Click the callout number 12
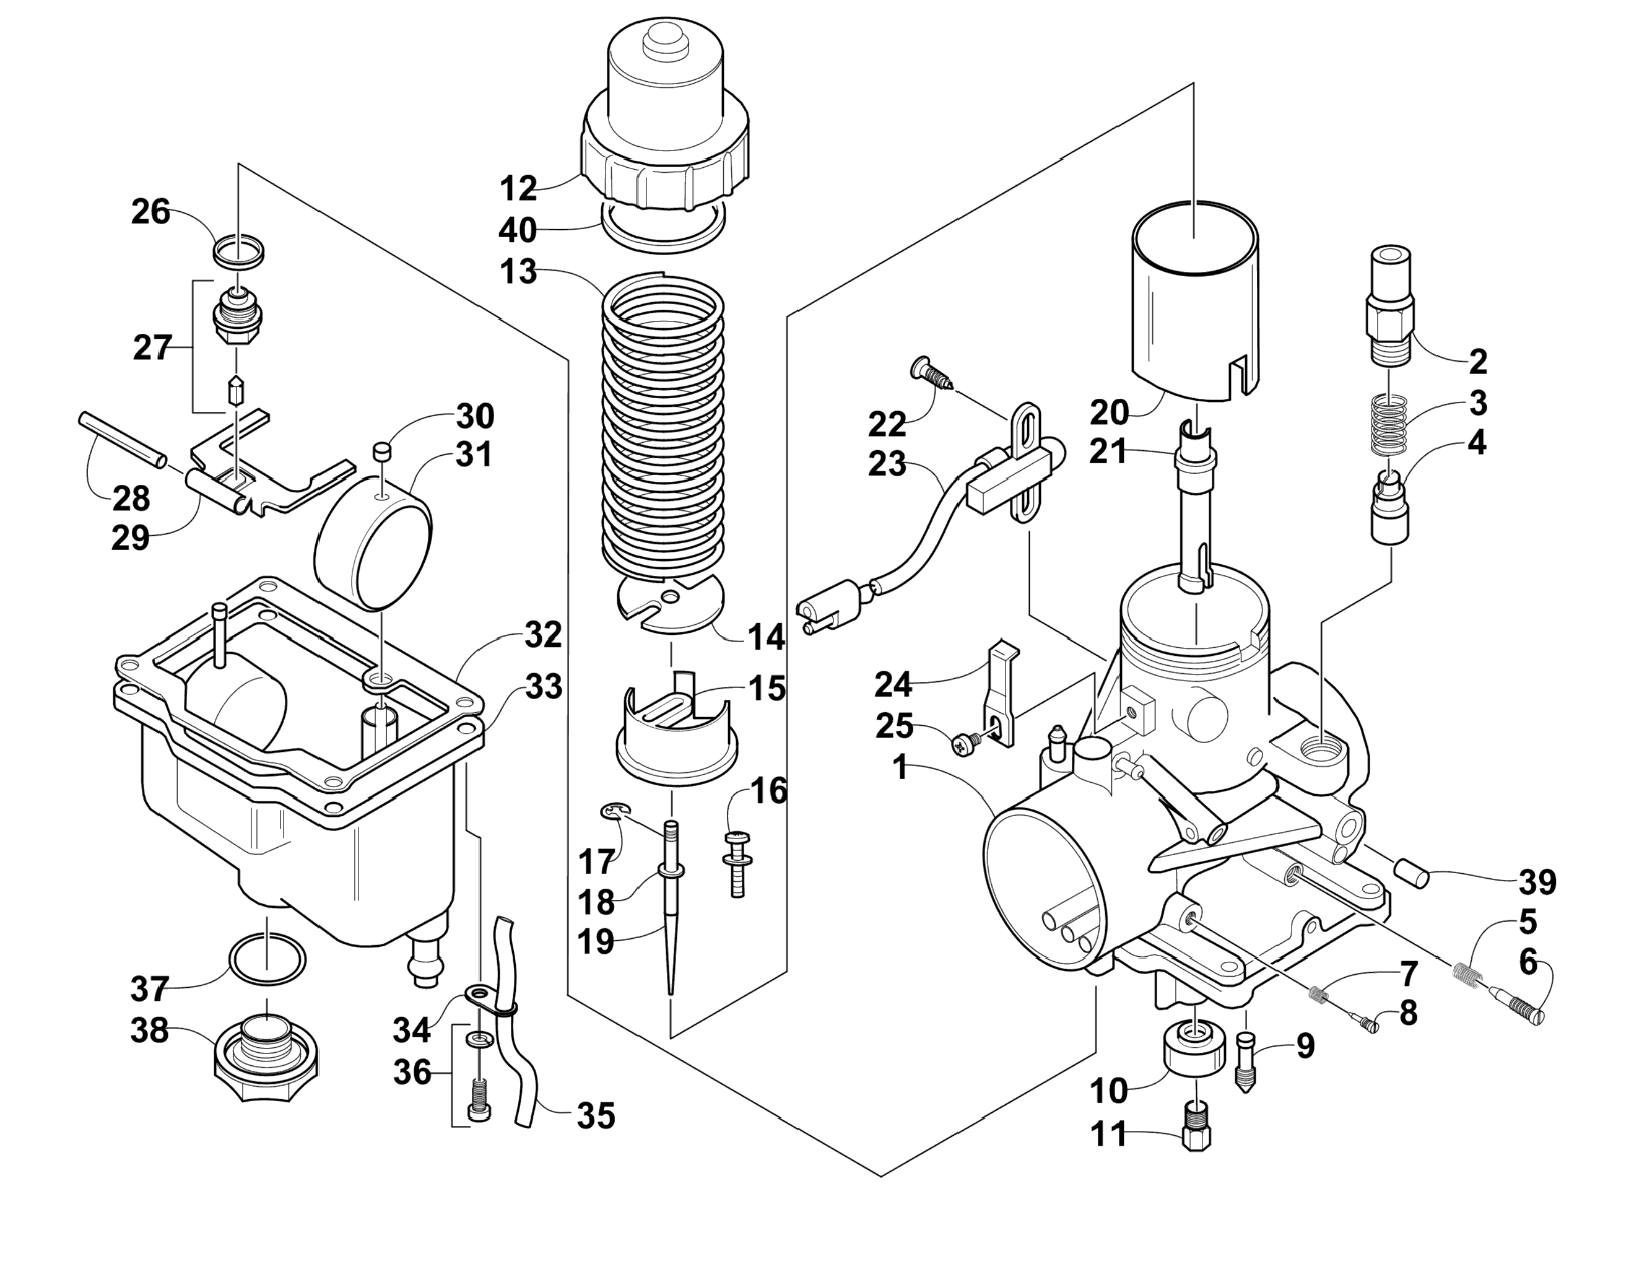519,188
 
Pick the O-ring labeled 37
267,959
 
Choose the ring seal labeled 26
239,251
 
